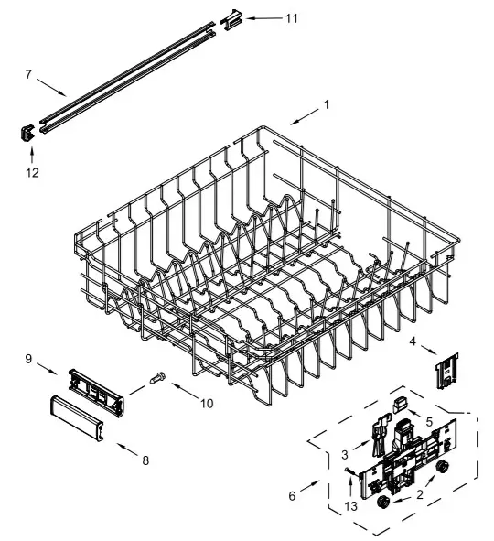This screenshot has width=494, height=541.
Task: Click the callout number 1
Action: (x=325, y=104)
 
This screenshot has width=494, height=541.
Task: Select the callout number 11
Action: (x=291, y=17)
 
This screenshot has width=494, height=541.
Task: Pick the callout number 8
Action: (x=144, y=460)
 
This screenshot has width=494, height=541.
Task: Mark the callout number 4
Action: (x=413, y=342)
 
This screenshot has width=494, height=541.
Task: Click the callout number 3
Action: (x=345, y=455)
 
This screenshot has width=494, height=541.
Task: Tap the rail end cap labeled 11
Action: (x=233, y=16)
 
